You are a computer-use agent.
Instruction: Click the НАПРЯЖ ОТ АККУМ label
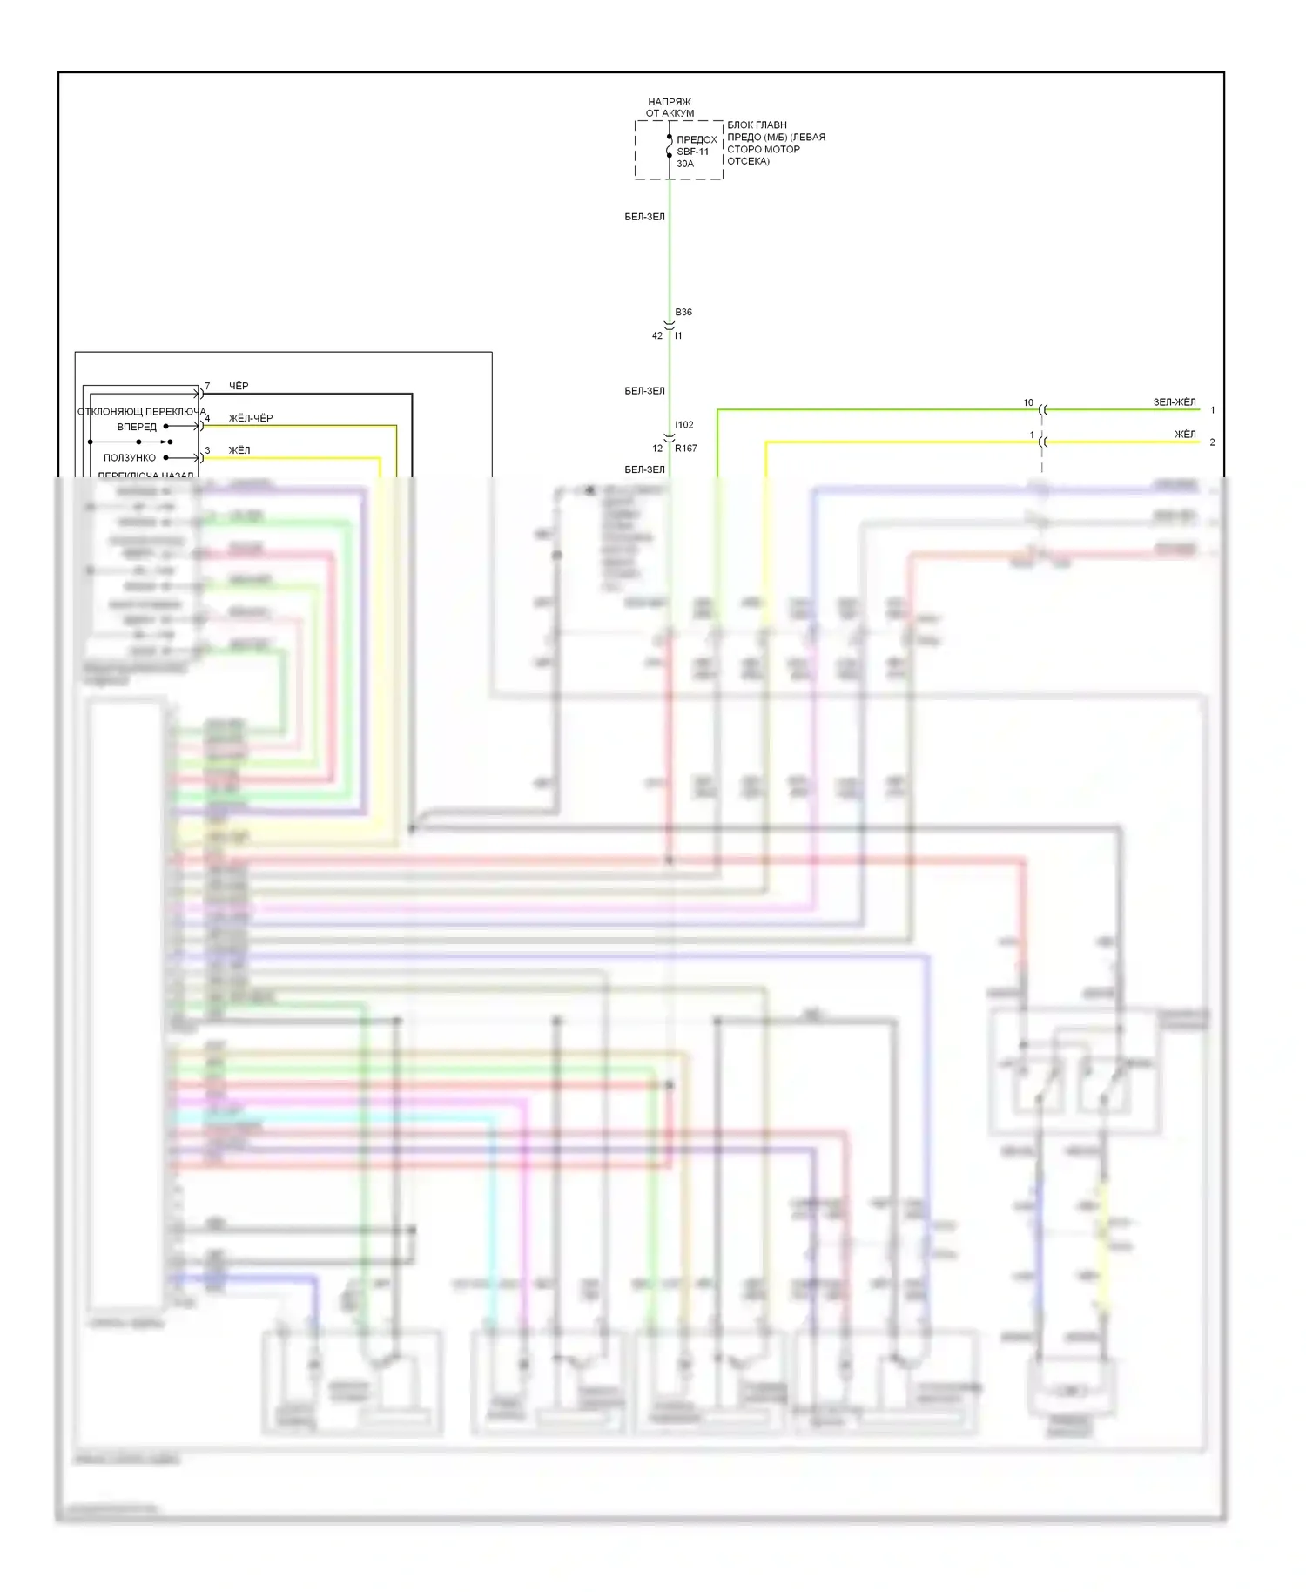click(670, 107)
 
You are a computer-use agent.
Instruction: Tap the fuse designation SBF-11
click(693, 152)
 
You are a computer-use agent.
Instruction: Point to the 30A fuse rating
click(685, 164)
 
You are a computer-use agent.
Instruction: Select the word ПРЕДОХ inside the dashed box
click(697, 139)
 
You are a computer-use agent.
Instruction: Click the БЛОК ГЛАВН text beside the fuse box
click(757, 125)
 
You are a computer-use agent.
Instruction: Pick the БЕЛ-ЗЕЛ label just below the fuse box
click(644, 217)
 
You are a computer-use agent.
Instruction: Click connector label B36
click(683, 312)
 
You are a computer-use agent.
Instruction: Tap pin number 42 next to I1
click(657, 335)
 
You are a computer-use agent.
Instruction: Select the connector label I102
click(684, 425)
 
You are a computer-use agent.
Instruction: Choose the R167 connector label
click(686, 449)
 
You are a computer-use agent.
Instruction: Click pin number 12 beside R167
click(657, 449)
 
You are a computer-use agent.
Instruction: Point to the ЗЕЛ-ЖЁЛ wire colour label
click(1175, 402)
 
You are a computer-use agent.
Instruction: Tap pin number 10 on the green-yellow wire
click(1028, 402)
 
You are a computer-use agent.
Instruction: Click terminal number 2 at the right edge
click(1212, 442)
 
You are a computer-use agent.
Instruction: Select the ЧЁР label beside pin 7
click(239, 386)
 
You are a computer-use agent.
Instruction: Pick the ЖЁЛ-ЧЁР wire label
click(251, 418)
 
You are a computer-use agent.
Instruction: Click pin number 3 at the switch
click(207, 450)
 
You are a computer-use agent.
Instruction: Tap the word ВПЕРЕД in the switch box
click(137, 427)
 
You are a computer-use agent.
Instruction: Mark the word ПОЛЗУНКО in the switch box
click(130, 457)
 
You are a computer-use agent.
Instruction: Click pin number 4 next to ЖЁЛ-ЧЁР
click(207, 418)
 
